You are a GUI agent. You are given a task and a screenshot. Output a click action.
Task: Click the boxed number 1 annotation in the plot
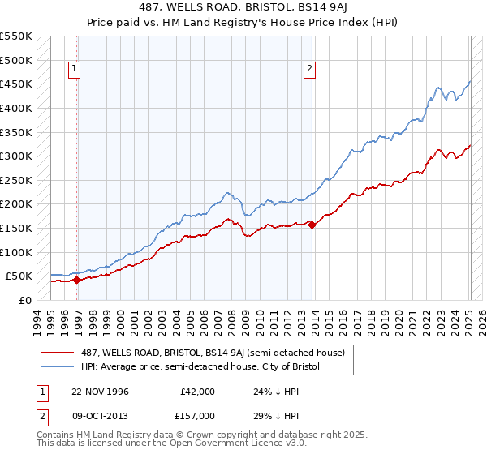click(x=74, y=70)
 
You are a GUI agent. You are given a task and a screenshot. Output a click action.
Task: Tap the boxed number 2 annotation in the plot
click(x=310, y=70)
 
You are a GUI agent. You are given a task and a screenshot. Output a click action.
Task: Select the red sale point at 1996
click(x=76, y=281)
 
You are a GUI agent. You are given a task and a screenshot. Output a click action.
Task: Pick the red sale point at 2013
click(x=312, y=225)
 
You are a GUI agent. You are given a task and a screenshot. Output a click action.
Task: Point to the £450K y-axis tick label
click(x=16, y=84)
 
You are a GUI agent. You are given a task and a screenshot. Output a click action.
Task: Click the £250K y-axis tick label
click(x=16, y=180)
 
